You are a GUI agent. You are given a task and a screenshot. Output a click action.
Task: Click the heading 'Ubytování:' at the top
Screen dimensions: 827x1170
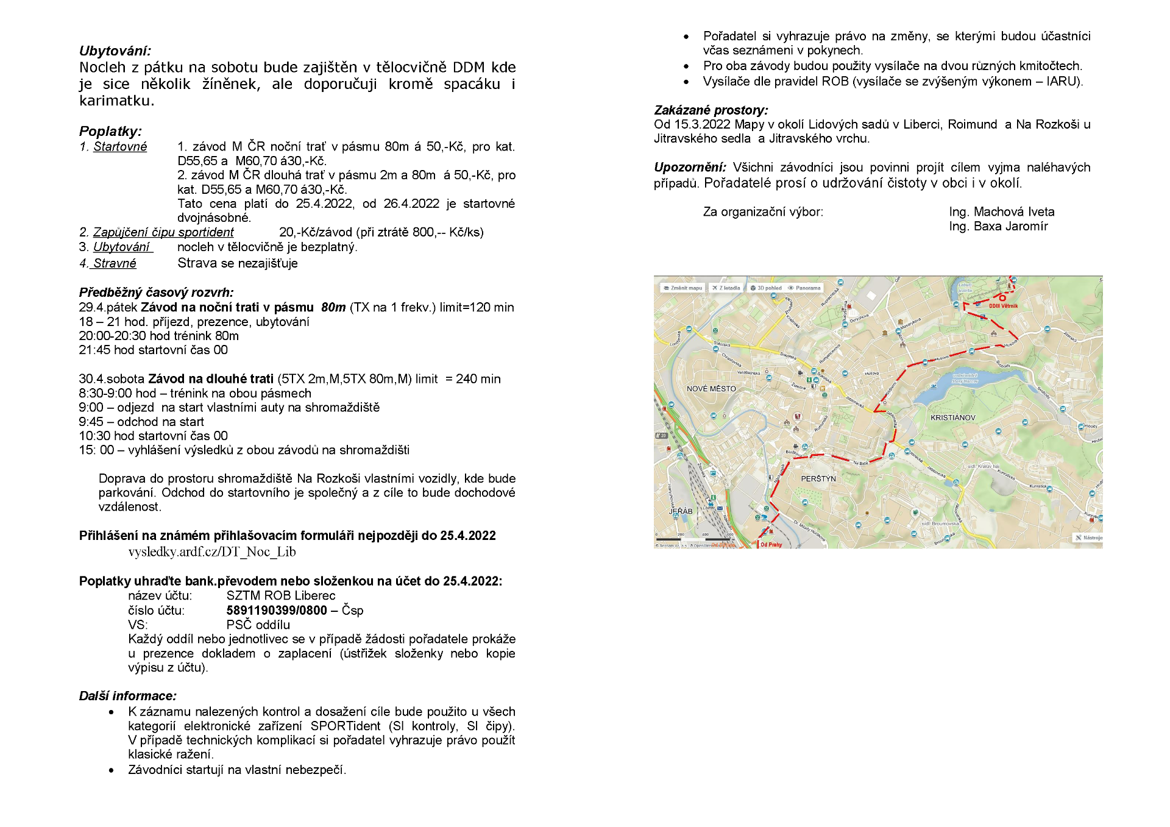[x=115, y=51]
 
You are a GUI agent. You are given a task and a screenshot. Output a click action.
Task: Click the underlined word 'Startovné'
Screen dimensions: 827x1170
[x=120, y=147]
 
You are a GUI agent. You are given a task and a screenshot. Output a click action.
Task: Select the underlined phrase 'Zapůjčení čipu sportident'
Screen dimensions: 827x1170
[x=163, y=232]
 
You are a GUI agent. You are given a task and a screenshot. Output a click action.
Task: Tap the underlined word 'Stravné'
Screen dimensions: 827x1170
[x=115, y=263]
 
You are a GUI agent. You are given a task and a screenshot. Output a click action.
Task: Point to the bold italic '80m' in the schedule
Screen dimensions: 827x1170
[x=333, y=308]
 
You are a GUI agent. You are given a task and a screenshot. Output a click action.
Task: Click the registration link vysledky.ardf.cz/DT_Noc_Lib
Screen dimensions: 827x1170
[x=212, y=552]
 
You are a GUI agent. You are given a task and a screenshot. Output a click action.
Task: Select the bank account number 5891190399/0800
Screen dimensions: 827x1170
[x=277, y=611]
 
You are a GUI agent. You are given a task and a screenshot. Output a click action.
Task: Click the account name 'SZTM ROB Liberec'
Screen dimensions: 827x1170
[x=281, y=596]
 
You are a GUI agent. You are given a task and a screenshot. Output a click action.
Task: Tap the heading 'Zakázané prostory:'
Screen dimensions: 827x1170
[x=711, y=110]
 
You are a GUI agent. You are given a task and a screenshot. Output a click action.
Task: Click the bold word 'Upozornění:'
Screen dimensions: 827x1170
[x=690, y=168]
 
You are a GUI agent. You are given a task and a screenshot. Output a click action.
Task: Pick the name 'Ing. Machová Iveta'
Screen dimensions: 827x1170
[x=1002, y=212]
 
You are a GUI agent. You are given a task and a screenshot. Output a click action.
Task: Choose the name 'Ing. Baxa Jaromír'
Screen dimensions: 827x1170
[x=998, y=227]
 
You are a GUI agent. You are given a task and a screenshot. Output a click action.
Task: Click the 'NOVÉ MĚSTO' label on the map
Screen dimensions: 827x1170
[x=711, y=389]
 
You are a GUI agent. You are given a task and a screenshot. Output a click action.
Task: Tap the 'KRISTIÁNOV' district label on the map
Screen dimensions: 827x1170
[x=953, y=418]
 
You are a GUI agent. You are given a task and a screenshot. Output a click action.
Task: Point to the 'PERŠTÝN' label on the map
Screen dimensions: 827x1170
[x=818, y=479]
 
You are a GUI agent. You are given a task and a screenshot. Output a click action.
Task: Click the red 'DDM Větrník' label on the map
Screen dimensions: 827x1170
[x=1003, y=306]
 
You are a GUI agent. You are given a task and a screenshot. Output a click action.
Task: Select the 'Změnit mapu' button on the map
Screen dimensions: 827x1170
[x=683, y=288]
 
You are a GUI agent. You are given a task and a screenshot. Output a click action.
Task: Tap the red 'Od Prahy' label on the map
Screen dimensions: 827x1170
[x=771, y=545]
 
